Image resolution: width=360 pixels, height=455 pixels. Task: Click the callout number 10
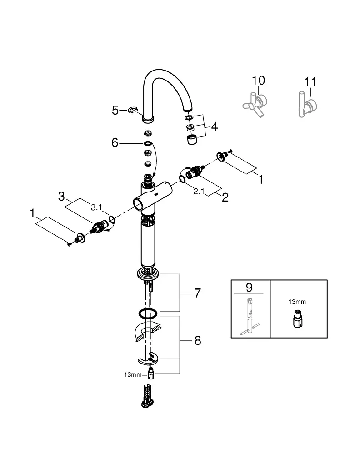point(258,81)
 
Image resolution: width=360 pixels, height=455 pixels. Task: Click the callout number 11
point(310,82)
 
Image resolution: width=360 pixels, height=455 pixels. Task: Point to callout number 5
point(115,110)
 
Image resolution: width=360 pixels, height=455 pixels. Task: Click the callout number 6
point(115,143)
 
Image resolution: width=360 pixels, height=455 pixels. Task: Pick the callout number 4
point(214,126)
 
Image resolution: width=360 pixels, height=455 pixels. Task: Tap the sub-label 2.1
point(199,192)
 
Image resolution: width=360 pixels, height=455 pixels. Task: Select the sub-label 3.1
point(96,207)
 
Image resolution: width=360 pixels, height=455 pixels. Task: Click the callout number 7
point(197,293)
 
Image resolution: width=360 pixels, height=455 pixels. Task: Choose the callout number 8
point(197,340)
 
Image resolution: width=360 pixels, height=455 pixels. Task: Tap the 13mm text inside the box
point(298,301)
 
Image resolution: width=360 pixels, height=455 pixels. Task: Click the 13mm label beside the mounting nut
point(134,374)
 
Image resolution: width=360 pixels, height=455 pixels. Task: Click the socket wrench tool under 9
point(250,316)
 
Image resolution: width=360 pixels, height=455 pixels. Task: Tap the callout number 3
point(62,197)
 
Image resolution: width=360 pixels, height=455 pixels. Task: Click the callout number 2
point(225,197)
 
